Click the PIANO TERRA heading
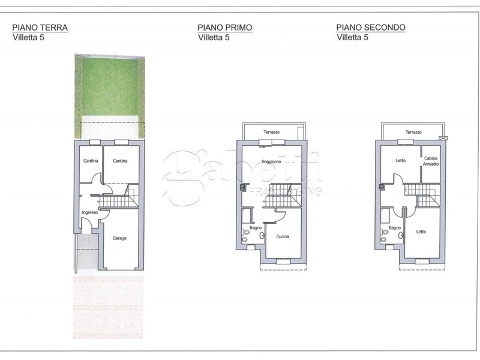point(40,28)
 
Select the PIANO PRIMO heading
point(224,28)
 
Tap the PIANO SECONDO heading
point(371,28)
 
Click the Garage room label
point(119,238)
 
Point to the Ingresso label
point(89,212)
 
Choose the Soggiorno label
point(271,161)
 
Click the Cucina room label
point(283,236)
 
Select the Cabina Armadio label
point(431,161)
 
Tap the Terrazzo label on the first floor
point(272,132)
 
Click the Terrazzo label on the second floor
point(413,132)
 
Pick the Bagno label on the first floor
point(256,228)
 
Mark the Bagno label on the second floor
point(395,228)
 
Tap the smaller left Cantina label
point(91,161)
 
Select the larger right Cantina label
point(120,161)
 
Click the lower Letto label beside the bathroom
point(421,232)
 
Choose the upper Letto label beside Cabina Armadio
point(400,160)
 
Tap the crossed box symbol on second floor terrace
point(443,138)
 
